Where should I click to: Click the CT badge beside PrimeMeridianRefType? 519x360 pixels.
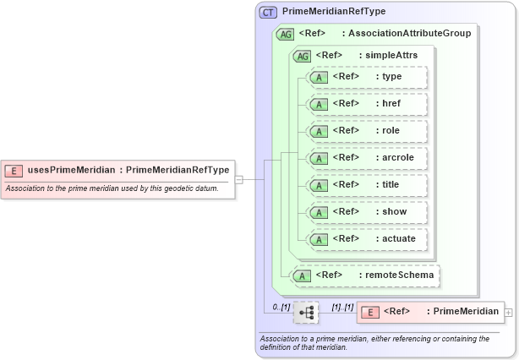coord(268,13)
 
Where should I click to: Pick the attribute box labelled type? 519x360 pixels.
coord(367,77)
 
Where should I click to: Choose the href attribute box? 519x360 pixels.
coord(367,104)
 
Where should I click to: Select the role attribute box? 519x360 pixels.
coord(367,131)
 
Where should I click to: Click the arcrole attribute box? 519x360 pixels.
coord(367,158)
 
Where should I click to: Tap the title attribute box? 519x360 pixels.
coord(367,185)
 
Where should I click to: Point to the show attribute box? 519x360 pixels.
coord(367,212)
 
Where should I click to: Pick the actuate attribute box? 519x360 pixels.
coord(367,239)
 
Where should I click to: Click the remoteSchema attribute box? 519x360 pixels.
coord(363,275)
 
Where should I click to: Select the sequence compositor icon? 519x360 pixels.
coord(306,313)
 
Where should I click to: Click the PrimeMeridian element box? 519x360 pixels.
coord(430,312)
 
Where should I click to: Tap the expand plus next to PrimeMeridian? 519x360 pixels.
coord(508,313)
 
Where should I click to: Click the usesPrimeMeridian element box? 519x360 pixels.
coord(117,170)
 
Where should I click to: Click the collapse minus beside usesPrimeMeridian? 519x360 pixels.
coord(239,179)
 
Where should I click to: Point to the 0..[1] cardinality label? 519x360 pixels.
coord(281,306)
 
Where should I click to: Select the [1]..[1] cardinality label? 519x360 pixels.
coord(341,306)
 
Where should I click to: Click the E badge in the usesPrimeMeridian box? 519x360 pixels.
coord(14,170)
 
